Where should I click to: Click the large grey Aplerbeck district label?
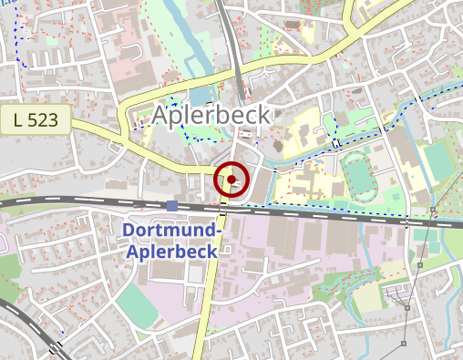[x=212, y=115]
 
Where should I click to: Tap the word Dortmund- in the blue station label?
[x=170, y=231]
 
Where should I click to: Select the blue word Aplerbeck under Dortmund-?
[x=170, y=252]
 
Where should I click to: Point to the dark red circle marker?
[x=232, y=180]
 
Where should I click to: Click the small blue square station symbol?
[x=172, y=206]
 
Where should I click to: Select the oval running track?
[x=361, y=176]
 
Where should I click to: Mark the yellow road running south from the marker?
[x=207, y=301]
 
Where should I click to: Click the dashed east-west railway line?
[x=319, y=213]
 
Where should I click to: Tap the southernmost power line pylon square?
[x=404, y=345]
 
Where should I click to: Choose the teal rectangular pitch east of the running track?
[x=437, y=160]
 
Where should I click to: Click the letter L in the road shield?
[x=20, y=119]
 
